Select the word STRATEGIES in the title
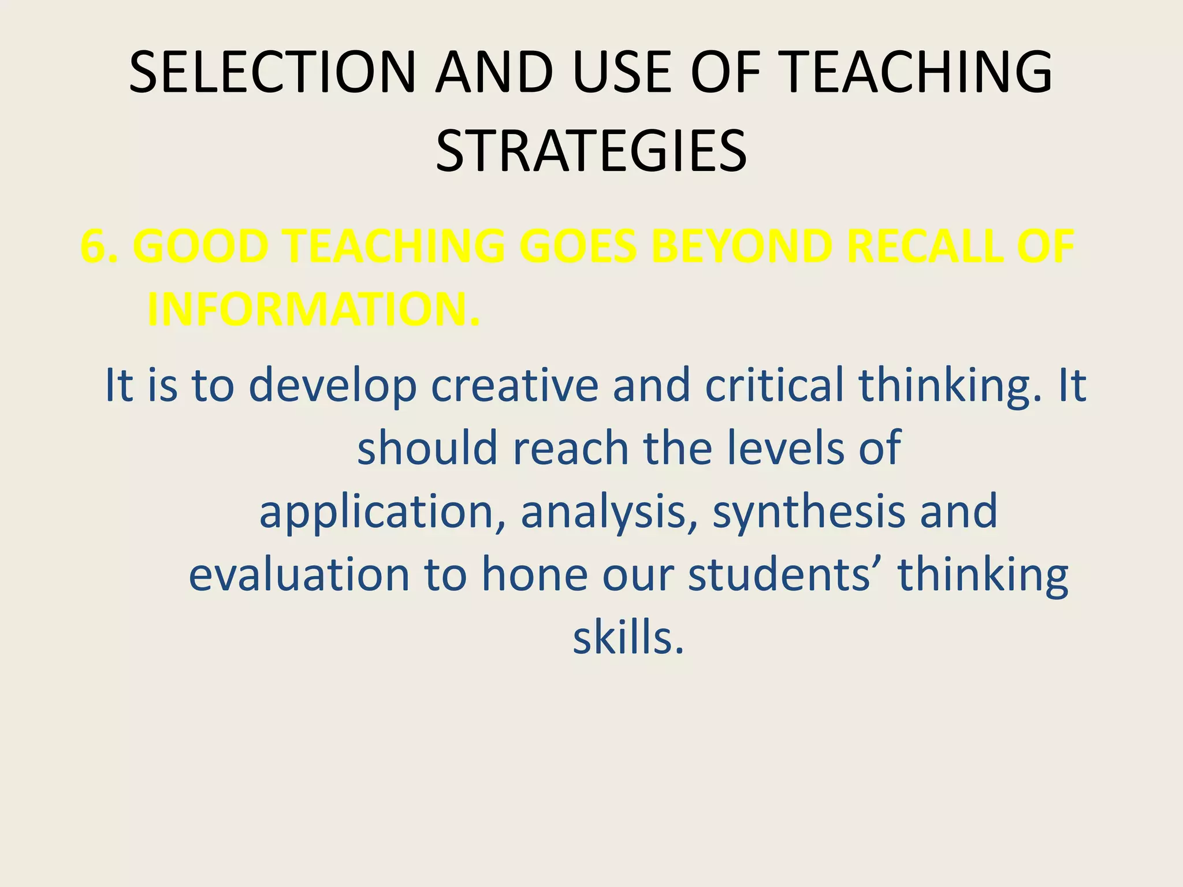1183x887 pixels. (591, 151)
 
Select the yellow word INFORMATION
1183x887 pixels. (314, 310)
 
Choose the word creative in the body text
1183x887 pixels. (515, 386)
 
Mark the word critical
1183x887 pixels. (775, 386)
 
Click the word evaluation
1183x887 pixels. (299, 575)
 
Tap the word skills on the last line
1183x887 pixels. (628, 638)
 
